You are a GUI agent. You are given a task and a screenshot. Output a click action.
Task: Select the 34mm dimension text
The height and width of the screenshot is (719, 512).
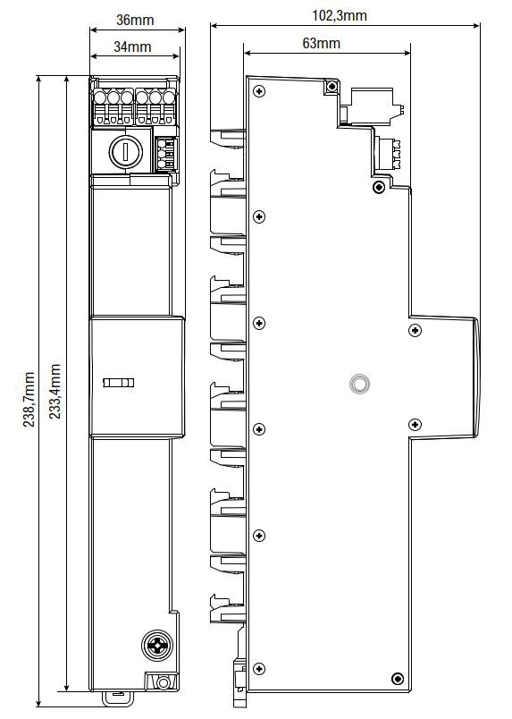coord(133,47)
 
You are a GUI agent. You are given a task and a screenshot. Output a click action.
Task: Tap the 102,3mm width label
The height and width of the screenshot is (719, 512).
coord(340,15)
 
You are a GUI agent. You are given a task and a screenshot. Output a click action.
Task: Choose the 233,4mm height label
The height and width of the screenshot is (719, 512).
coord(55,391)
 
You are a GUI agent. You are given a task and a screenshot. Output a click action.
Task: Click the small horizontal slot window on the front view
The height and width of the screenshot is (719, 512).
coord(119,383)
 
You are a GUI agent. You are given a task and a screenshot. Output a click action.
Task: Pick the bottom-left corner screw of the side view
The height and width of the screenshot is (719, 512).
coord(259,668)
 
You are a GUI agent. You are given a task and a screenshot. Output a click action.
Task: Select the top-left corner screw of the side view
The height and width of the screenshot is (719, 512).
coord(259,91)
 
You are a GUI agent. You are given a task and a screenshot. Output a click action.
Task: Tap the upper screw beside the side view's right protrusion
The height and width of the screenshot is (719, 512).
coord(414,331)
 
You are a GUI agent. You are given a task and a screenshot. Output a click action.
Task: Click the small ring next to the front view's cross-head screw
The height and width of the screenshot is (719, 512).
coord(164,682)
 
